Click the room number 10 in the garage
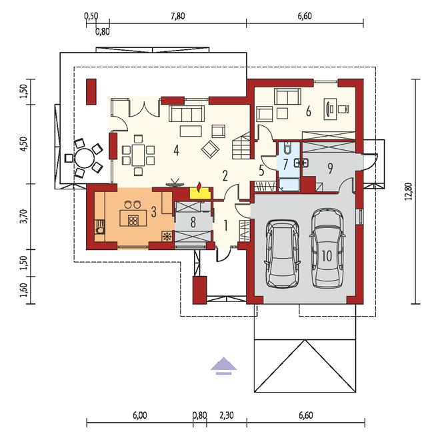[x=327, y=255]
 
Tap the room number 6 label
[x=309, y=112]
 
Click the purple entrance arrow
[x=223, y=366]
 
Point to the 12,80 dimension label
[x=409, y=191]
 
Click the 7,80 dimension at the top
[x=178, y=16]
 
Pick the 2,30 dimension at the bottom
[x=227, y=415]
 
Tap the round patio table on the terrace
[x=84, y=158]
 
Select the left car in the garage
[x=282, y=254]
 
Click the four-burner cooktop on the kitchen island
[x=133, y=221]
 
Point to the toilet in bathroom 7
[x=288, y=148]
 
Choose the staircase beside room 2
[x=241, y=145]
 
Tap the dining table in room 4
[x=138, y=155]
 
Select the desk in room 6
[x=330, y=109]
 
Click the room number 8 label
[x=193, y=222]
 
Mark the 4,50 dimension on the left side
[x=24, y=144]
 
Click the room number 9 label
[x=330, y=169]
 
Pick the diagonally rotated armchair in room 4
[x=210, y=149]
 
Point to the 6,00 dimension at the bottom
[x=140, y=415]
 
